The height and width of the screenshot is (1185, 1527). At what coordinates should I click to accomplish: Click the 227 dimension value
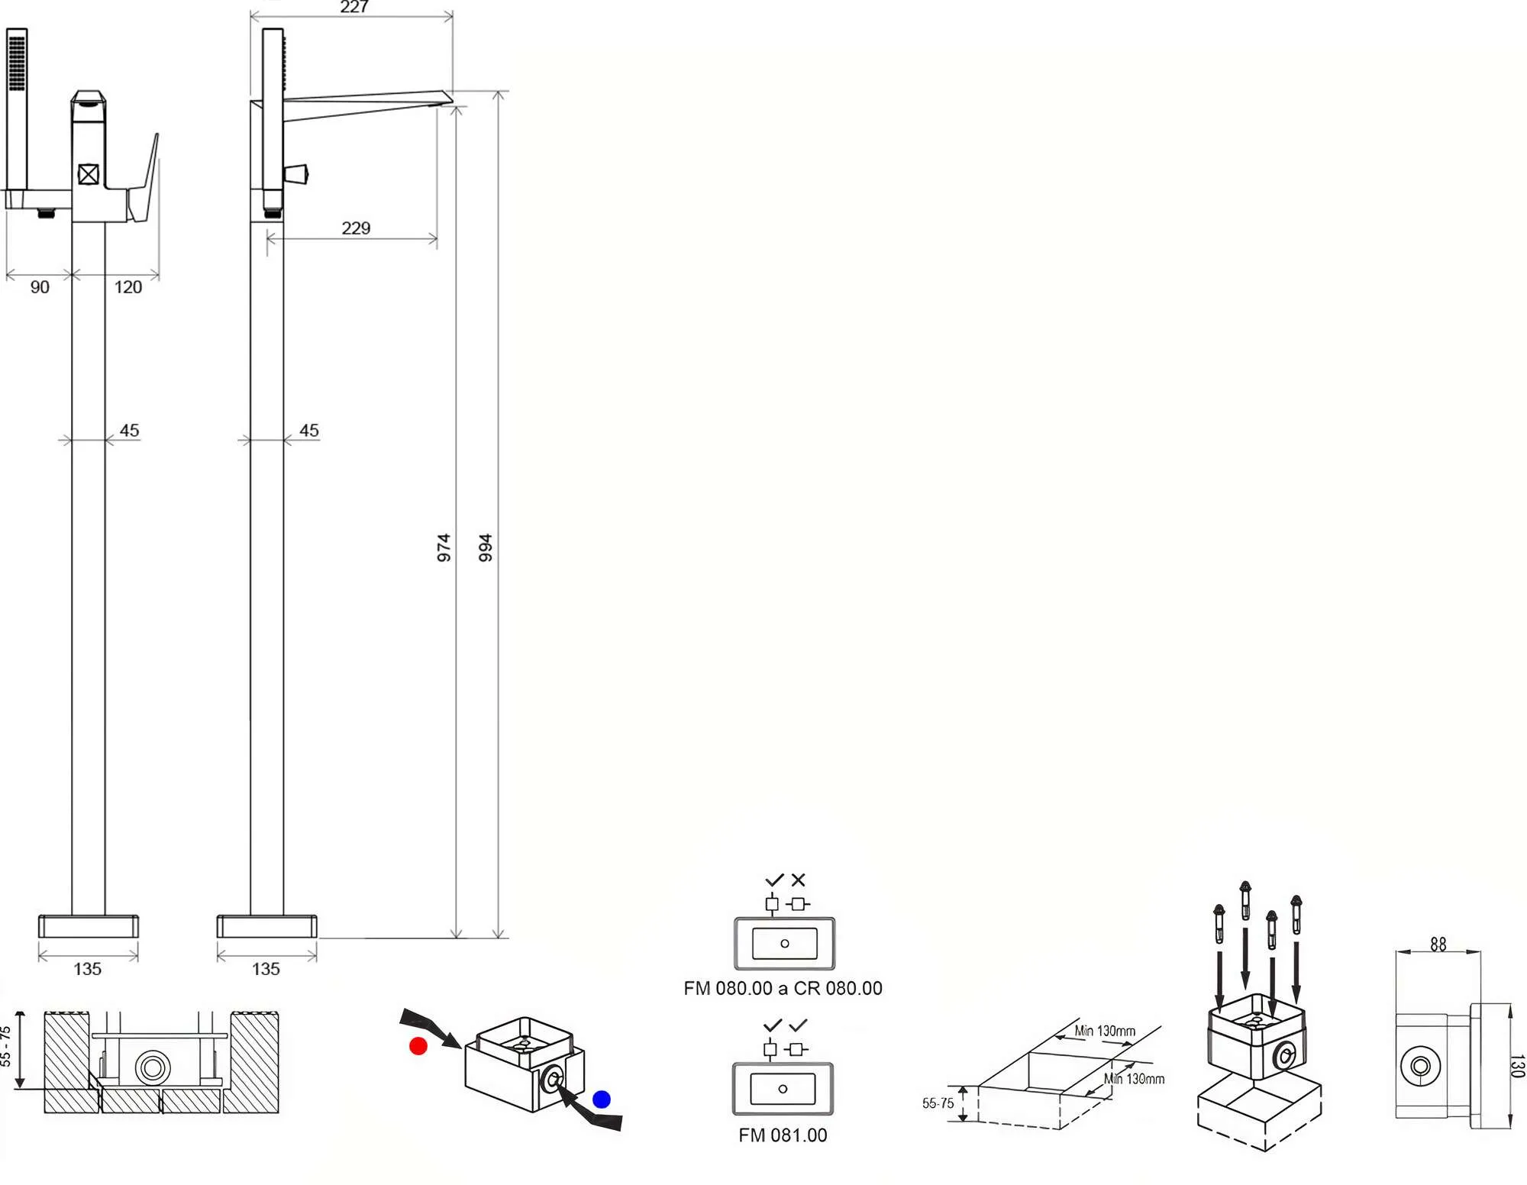pyautogui.click(x=354, y=7)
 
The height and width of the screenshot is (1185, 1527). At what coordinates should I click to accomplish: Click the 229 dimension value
pyautogui.click(x=356, y=228)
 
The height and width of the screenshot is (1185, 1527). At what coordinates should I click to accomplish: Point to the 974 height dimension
pyautogui.click(x=444, y=547)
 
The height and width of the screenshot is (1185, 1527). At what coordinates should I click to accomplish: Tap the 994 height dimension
pyautogui.click(x=485, y=547)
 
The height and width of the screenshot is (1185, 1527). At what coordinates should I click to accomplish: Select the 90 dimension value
pyautogui.click(x=40, y=287)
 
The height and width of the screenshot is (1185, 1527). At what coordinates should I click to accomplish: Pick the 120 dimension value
pyautogui.click(x=128, y=287)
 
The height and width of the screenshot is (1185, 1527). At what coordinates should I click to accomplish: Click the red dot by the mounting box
pyautogui.click(x=418, y=1046)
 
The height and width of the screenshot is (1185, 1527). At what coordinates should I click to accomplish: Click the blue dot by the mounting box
pyautogui.click(x=602, y=1099)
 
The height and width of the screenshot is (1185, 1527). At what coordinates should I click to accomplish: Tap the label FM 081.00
pyautogui.click(x=783, y=1135)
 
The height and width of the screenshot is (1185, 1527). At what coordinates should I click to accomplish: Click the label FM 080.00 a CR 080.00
pyautogui.click(x=783, y=988)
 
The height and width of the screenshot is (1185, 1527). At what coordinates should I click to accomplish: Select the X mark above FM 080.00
pyautogui.click(x=799, y=880)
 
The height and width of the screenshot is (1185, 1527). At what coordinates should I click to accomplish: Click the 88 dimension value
pyautogui.click(x=1438, y=944)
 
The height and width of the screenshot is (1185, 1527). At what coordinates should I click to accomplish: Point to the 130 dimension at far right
pyautogui.click(x=1517, y=1066)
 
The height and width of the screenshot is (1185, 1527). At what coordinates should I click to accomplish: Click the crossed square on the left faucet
pyautogui.click(x=89, y=175)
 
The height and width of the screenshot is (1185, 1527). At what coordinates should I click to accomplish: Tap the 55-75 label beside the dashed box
pyautogui.click(x=938, y=1103)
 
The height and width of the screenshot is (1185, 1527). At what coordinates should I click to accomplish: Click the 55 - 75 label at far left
pyautogui.click(x=6, y=1046)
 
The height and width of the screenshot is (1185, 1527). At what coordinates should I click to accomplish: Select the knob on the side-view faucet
pyautogui.click(x=296, y=174)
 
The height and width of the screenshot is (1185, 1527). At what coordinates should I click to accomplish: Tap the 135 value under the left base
pyautogui.click(x=88, y=969)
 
